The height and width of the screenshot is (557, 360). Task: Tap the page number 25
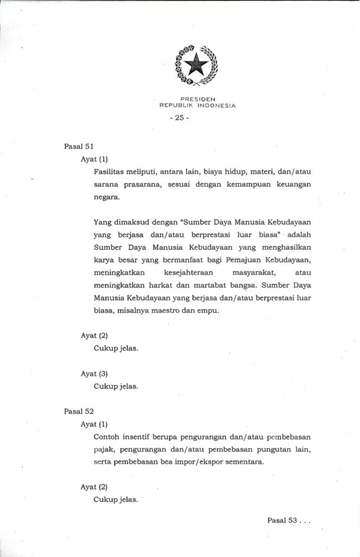tap(179, 118)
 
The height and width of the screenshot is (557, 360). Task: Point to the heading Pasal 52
tap(79, 411)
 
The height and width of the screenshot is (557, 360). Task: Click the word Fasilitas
tap(110, 172)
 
